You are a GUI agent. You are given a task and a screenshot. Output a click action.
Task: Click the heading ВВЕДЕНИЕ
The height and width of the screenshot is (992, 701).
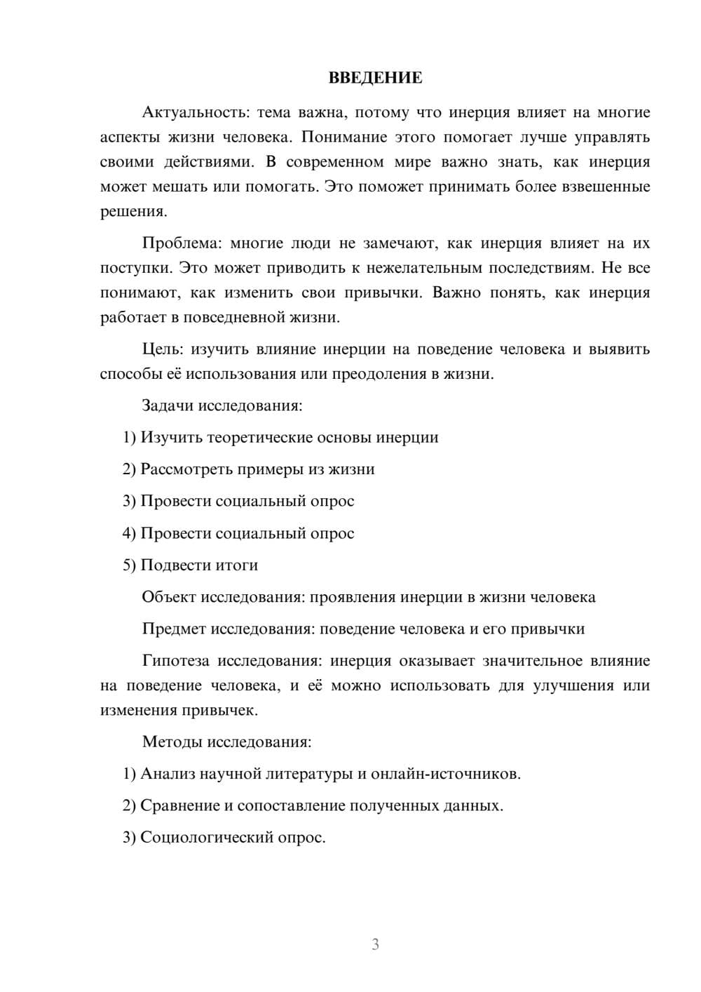375,78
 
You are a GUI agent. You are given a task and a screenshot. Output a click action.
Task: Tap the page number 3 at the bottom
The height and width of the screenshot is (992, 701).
375,944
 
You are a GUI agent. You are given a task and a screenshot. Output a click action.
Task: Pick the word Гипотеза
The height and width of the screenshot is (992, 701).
175,661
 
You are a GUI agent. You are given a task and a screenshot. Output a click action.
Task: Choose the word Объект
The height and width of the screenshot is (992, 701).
169,597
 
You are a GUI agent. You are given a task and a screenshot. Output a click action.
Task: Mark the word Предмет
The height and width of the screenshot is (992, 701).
174,629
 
